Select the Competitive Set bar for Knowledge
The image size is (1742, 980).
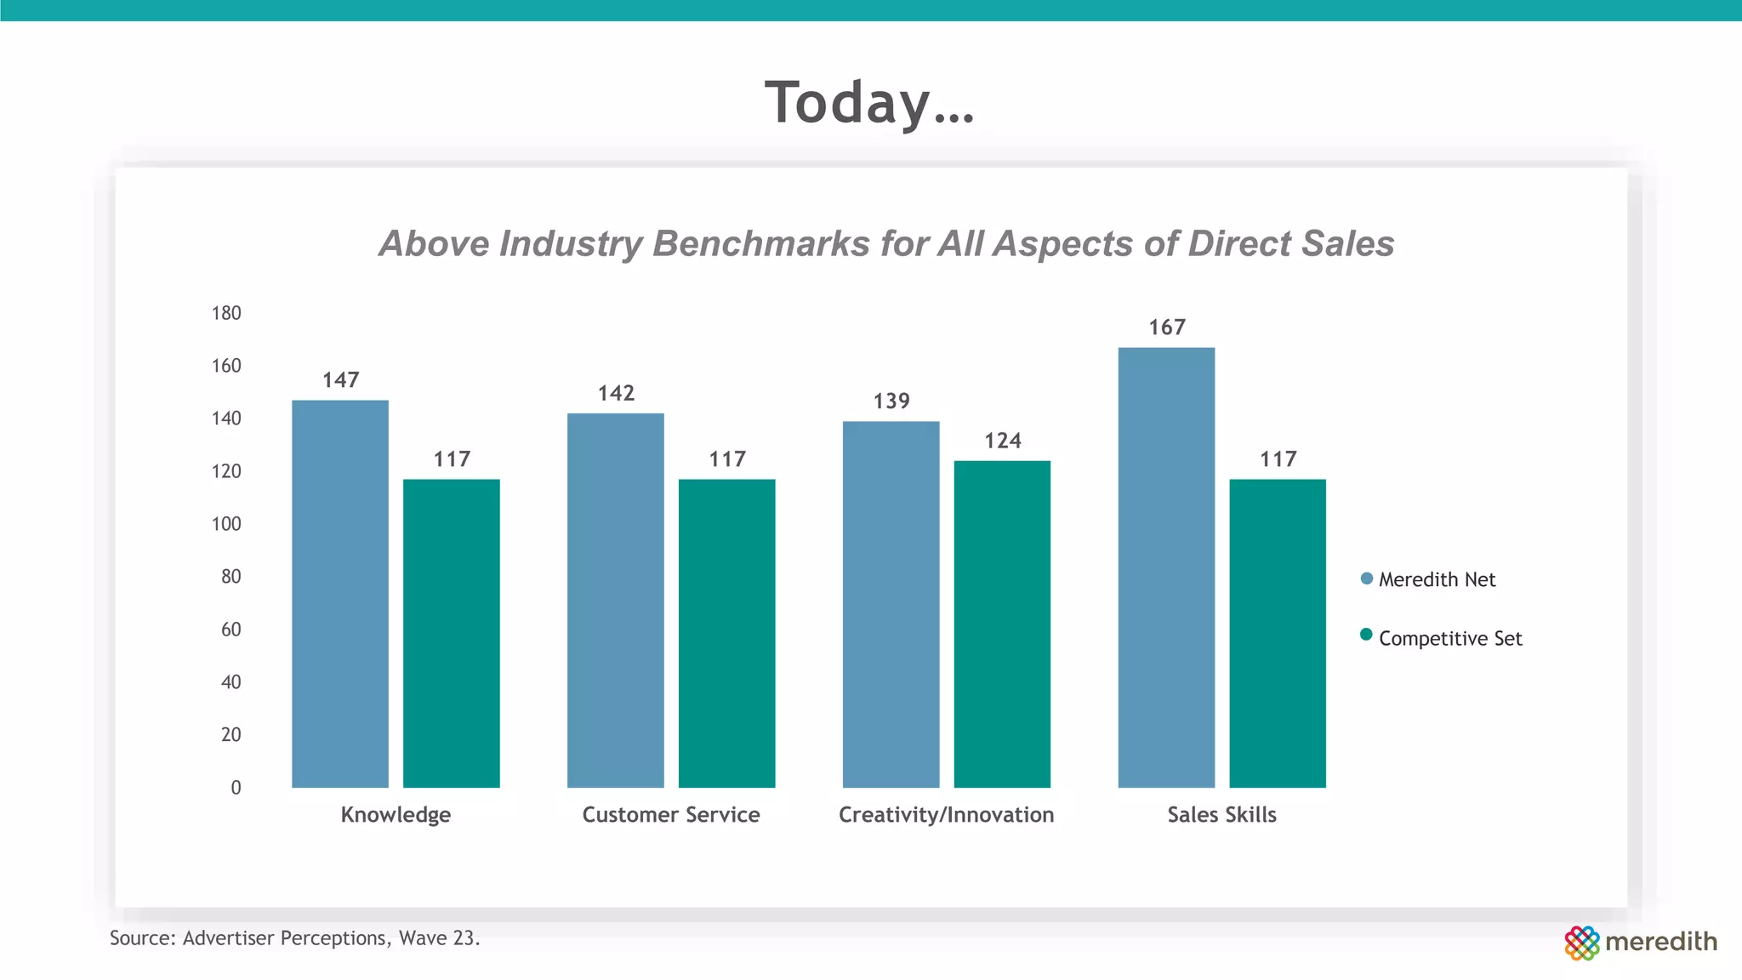[x=451, y=633]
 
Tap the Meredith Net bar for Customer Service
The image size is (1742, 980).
[x=615, y=600]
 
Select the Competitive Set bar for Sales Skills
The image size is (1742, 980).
[x=1278, y=633]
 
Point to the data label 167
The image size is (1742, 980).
[x=1167, y=328]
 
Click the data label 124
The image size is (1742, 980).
[x=1003, y=441]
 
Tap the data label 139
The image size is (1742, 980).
[x=891, y=401]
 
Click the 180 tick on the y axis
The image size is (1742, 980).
[x=226, y=313]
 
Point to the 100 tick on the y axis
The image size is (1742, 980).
[x=226, y=524]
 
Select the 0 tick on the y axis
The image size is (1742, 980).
[x=236, y=788]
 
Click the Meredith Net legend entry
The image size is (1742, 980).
[x=1436, y=579]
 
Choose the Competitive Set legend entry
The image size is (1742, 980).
[x=1449, y=638]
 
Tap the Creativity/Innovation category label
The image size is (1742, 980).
[x=946, y=815]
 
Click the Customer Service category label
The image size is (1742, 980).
[x=670, y=815]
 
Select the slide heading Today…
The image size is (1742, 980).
[x=869, y=102]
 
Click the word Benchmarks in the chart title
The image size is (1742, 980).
[x=761, y=243]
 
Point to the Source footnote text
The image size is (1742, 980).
[x=294, y=938]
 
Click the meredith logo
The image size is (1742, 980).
[x=1640, y=942]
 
